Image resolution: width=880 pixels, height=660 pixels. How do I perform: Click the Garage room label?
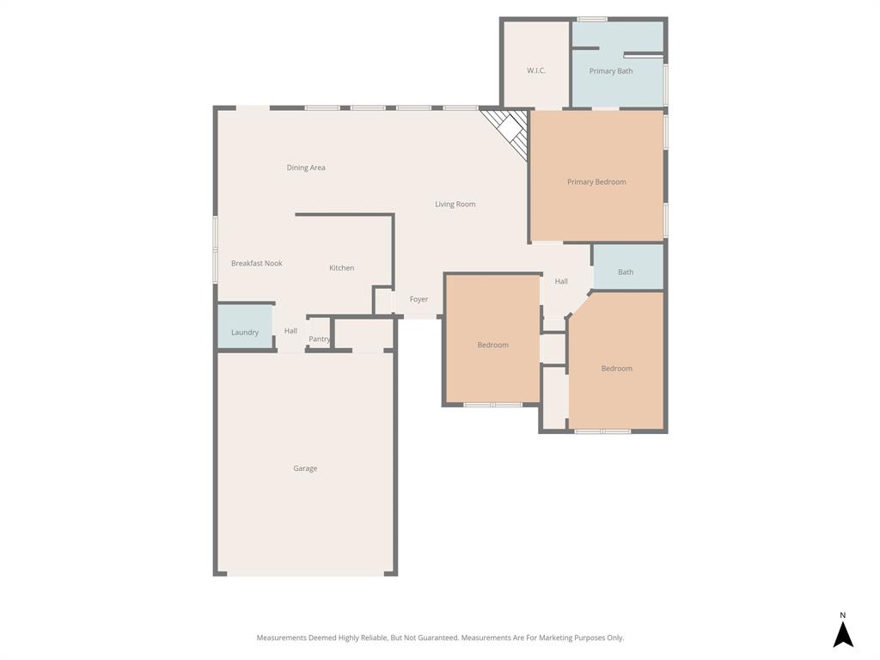click(305, 468)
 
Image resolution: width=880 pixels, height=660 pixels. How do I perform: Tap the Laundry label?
click(245, 333)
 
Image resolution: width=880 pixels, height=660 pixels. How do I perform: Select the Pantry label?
click(319, 339)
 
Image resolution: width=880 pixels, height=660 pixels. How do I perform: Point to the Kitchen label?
click(341, 268)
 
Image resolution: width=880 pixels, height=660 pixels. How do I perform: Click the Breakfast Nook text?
click(256, 264)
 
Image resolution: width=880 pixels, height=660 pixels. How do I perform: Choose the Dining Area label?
click(306, 168)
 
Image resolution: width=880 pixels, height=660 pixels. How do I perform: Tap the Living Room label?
click(455, 205)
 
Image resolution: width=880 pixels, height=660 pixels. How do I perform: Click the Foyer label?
click(419, 299)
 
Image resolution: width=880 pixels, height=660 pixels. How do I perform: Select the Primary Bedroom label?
click(596, 182)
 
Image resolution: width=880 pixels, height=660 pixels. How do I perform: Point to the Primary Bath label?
click(610, 71)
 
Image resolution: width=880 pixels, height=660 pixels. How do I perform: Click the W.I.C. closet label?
click(536, 70)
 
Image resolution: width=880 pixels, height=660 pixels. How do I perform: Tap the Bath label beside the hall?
click(626, 272)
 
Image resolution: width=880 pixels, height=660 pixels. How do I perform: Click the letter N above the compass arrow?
click(843, 615)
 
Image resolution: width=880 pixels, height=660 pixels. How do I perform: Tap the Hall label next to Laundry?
click(290, 331)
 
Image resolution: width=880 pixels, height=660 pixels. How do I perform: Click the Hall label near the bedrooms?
click(561, 282)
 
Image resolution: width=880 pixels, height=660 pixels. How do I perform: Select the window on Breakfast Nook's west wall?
click(215, 249)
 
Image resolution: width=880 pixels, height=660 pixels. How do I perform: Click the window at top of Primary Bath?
click(591, 19)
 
